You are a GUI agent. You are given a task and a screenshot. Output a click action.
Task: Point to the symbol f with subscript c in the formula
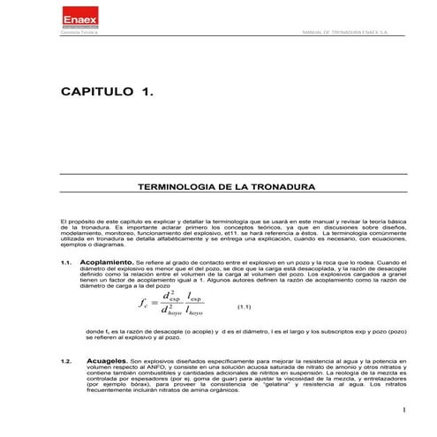click(144, 305)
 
